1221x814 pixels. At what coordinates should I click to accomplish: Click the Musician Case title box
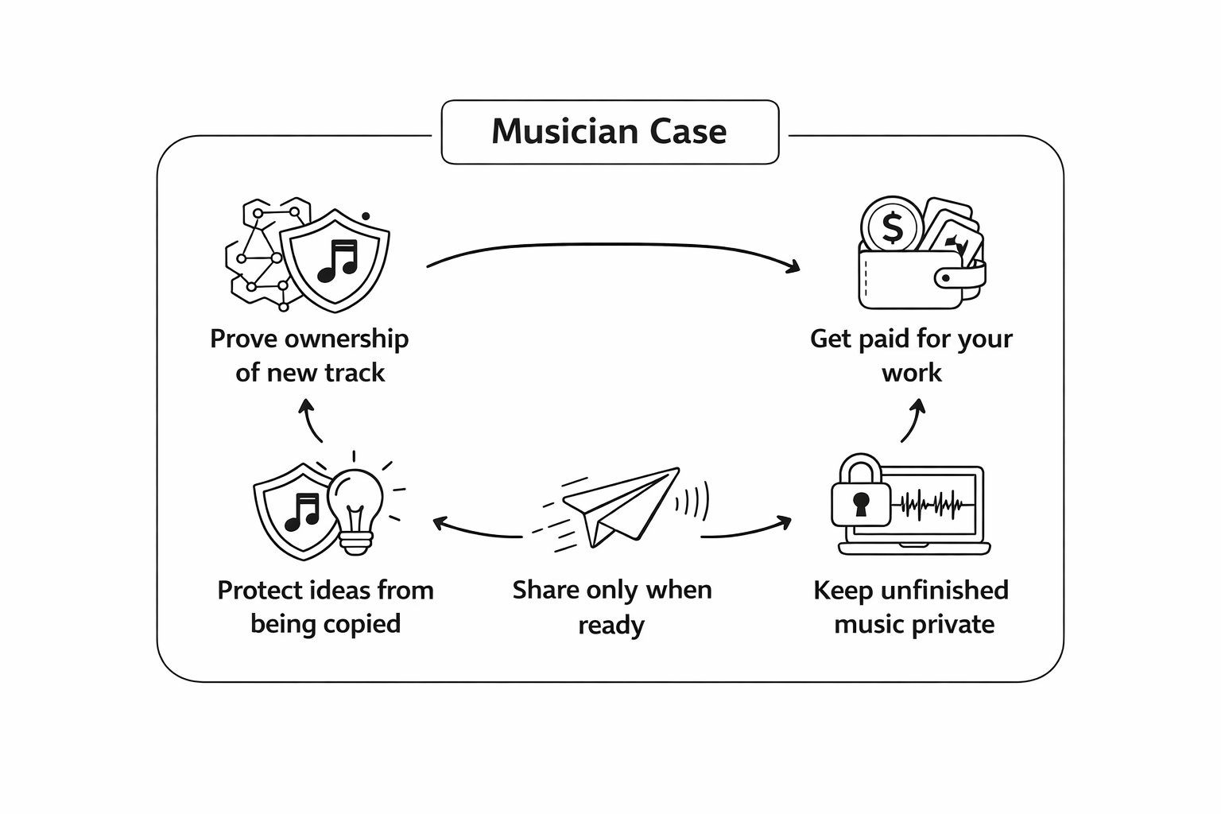click(x=610, y=132)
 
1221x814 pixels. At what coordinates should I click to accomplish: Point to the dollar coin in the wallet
click(x=892, y=227)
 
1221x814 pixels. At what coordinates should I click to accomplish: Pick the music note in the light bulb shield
click(x=302, y=510)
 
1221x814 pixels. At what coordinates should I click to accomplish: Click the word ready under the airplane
click(x=610, y=626)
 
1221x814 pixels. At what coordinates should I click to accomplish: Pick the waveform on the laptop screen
click(x=932, y=504)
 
